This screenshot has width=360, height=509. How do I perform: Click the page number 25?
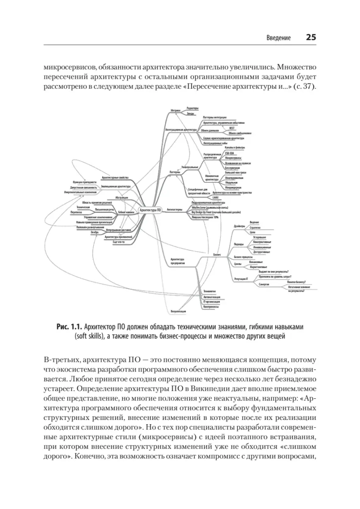point(311,37)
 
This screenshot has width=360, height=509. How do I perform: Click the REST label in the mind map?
point(232,127)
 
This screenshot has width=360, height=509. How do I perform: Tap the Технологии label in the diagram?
point(209,291)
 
